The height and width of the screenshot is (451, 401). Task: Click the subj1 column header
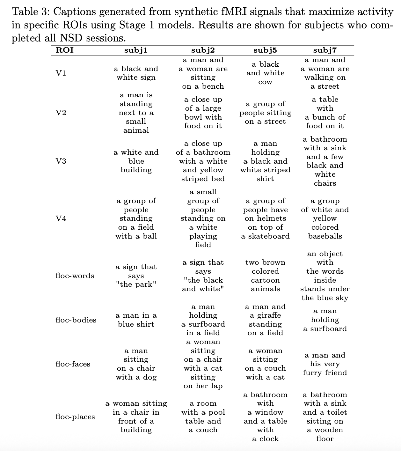coord(136,50)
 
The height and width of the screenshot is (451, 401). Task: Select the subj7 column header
coord(325,50)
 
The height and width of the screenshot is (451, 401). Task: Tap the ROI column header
coord(64,50)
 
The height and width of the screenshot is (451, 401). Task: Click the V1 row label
coord(61,73)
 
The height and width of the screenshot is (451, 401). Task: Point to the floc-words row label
coord(75,276)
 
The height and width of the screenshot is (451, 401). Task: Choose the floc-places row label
coord(75,417)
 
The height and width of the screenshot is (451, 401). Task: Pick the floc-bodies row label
coord(76,320)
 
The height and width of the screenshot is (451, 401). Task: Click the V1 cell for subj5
coord(265,73)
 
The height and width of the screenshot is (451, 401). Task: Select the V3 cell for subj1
coord(136,161)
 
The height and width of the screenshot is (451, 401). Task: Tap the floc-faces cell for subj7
coord(325,364)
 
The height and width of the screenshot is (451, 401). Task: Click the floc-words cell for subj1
coord(136,276)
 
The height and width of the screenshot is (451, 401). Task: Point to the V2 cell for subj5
coord(265,113)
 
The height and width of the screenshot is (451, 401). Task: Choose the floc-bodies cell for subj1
coord(136,320)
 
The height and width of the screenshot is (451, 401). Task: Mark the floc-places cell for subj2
coord(203,417)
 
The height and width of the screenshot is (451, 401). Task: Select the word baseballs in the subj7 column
coord(325,236)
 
